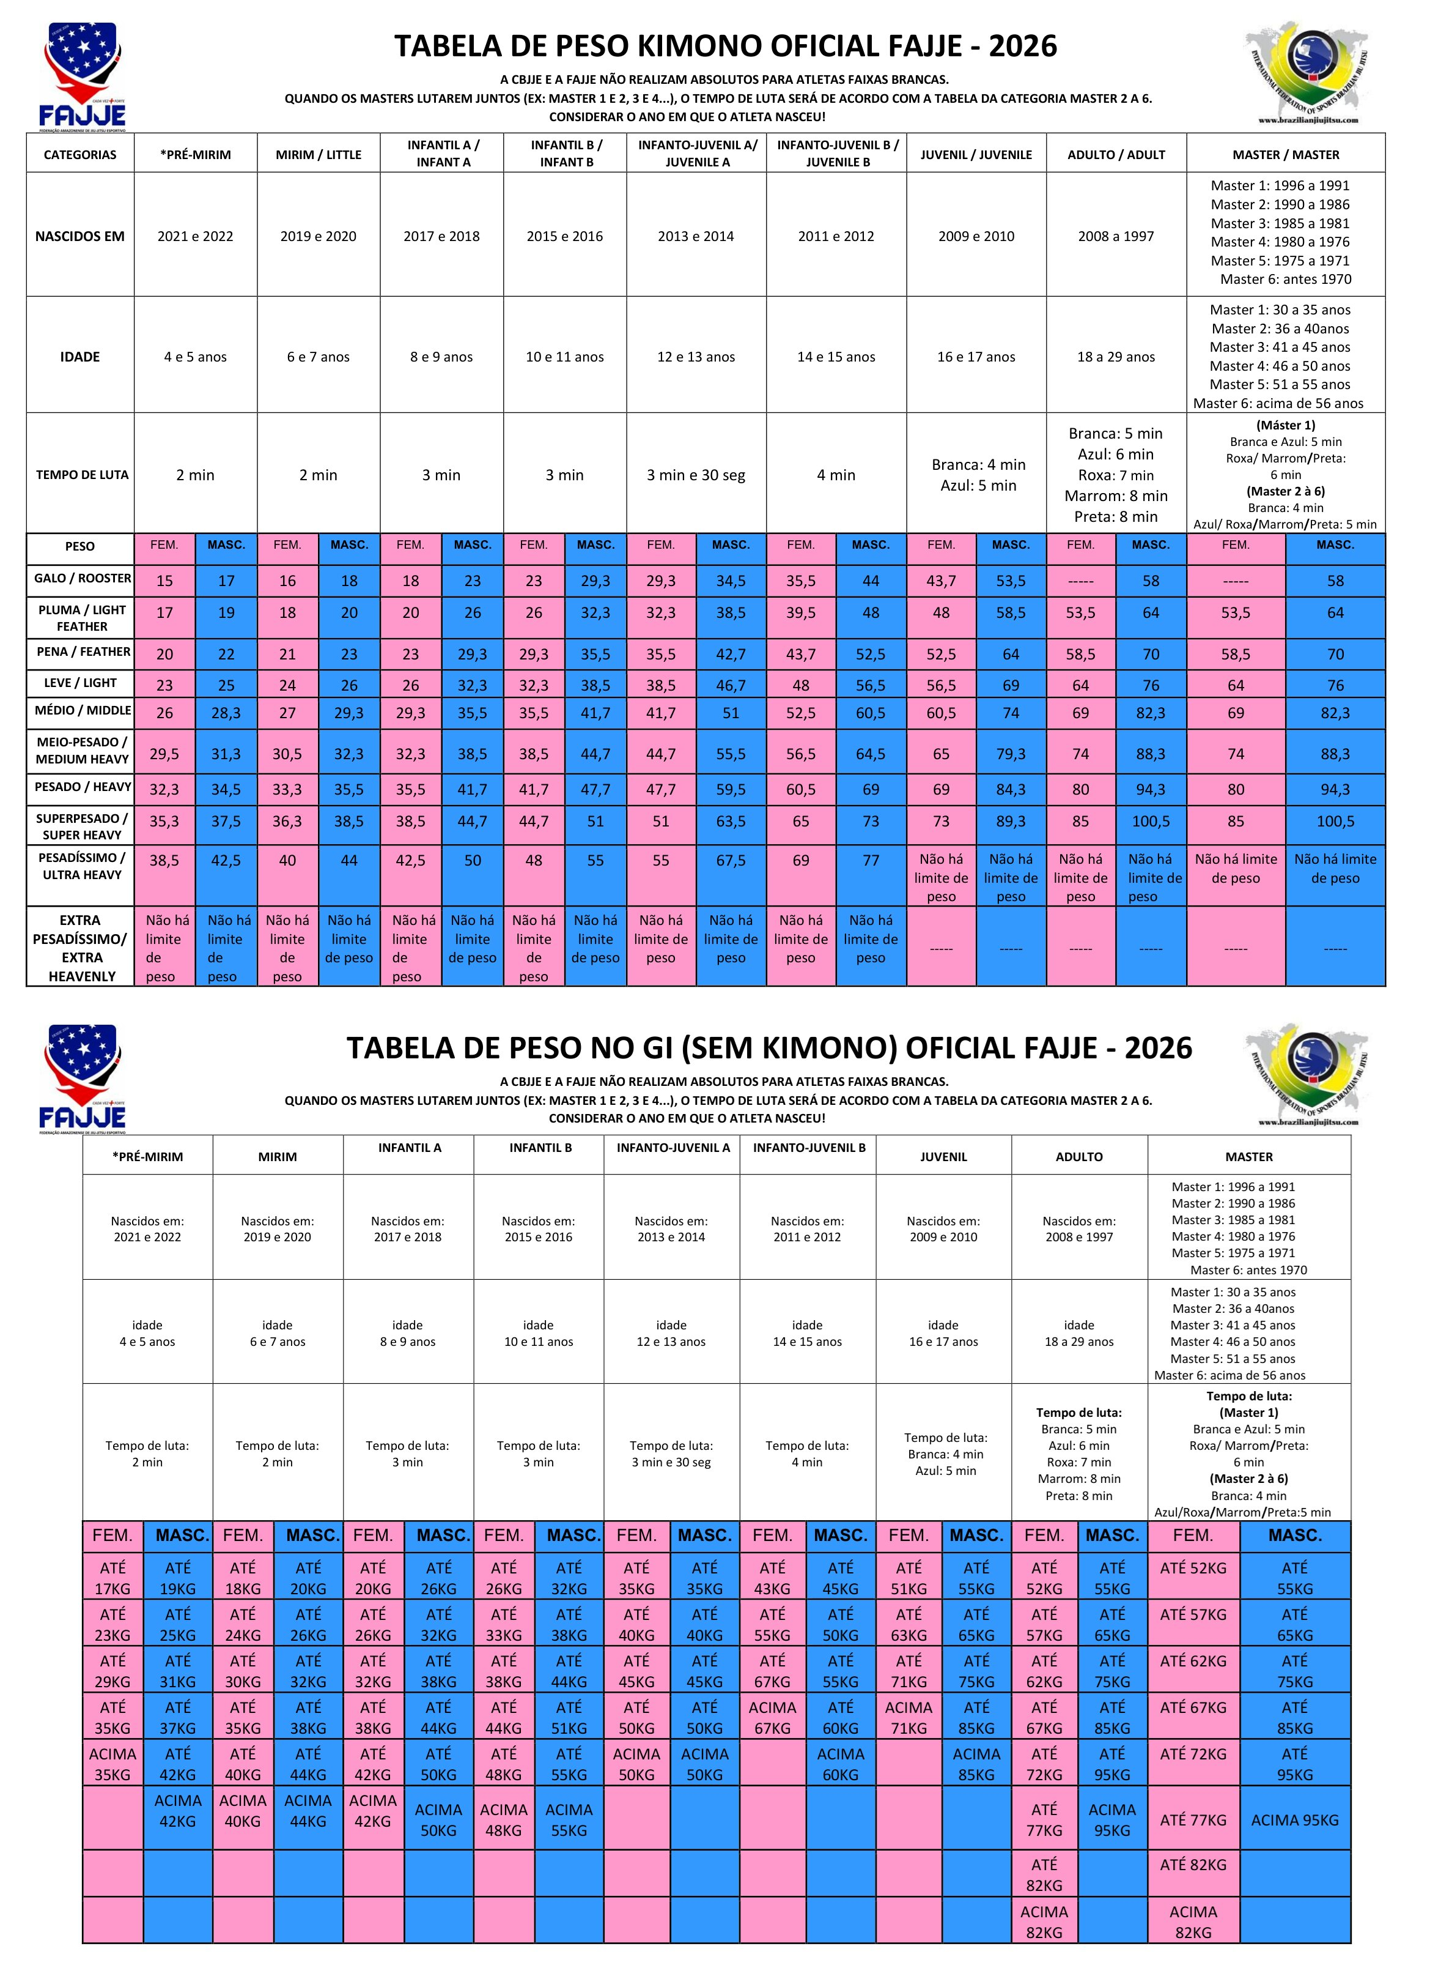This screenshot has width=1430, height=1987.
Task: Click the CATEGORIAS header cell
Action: [79, 155]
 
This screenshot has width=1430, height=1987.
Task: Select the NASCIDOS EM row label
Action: [79, 236]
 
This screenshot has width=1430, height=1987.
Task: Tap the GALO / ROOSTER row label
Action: [81, 578]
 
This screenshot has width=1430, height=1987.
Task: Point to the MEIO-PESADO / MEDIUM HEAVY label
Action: [81, 751]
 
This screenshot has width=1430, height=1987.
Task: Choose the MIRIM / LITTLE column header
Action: [319, 155]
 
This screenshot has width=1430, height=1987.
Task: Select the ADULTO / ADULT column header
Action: [1116, 155]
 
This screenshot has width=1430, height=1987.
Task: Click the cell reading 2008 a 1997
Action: [1116, 236]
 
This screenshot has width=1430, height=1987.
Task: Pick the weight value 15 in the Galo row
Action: [164, 581]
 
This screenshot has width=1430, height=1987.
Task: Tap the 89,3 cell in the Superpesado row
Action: [1011, 822]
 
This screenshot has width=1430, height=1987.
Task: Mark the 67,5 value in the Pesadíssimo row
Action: [731, 860]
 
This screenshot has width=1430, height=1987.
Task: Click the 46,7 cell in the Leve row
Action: [731, 685]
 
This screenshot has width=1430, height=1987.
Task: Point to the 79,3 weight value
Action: [1011, 754]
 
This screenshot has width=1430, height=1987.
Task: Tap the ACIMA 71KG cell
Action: [909, 1717]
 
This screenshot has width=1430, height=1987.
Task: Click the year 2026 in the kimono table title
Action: [1023, 45]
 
